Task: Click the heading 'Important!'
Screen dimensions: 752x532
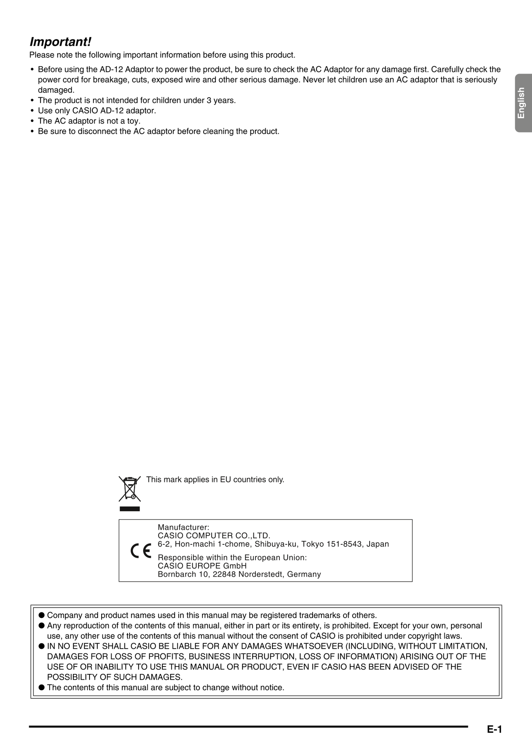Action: [x=60, y=42]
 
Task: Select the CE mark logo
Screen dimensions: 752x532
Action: [x=141, y=551]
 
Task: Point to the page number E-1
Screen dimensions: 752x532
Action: [x=494, y=729]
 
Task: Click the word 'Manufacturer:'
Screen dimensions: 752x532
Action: [x=183, y=527]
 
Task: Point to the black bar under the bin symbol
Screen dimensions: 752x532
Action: [x=130, y=509]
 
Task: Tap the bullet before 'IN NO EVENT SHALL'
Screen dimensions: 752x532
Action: [x=42, y=646]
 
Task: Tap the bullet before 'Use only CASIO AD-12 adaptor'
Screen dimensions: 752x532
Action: [x=32, y=110]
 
